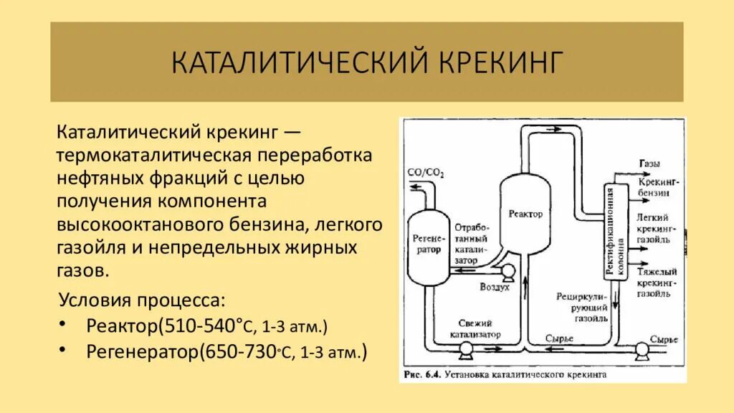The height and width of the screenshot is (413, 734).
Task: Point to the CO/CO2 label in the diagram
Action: (x=425, y=173)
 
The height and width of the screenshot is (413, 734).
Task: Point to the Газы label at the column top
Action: (x=649, y=163)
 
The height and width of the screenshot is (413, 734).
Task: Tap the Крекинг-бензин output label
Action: (x=652, y=188)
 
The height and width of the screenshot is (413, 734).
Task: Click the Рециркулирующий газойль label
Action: (x=583, y=307)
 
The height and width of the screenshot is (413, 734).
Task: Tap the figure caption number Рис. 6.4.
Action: (x=421, y=374)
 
